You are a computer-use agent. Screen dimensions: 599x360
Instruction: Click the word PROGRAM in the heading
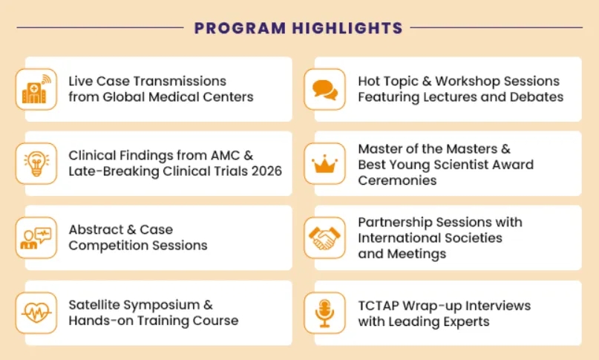point(240,28)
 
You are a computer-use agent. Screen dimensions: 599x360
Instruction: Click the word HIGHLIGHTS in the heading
point(347,28)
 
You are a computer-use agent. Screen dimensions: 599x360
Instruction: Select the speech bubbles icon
point(324,90)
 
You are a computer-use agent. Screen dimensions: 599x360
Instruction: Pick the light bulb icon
point(36,163)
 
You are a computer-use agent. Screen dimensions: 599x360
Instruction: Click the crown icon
point(324,164)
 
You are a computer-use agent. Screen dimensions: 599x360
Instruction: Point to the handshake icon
point(324,238)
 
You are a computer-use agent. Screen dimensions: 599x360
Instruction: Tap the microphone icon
point(324,313)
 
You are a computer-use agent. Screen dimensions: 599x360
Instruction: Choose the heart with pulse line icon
point(36,312)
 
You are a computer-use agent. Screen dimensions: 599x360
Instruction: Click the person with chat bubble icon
point(36,238)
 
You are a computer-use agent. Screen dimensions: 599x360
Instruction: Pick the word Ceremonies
point(397,180)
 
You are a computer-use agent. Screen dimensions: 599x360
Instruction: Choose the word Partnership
point(395,223)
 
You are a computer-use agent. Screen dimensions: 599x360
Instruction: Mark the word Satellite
point(94,305)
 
